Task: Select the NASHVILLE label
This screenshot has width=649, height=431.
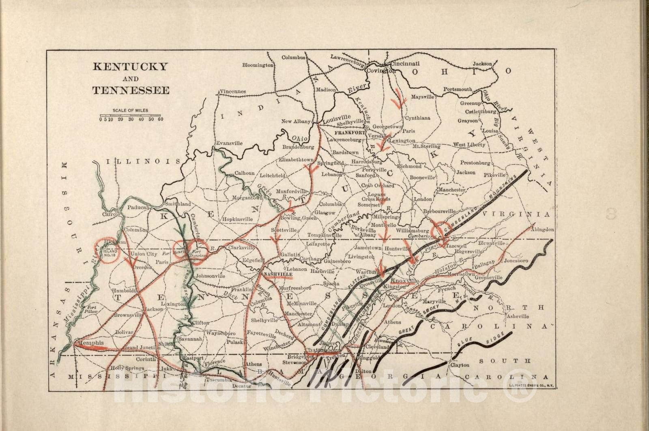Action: (x=278, y=275)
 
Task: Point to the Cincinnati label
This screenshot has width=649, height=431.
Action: (x=405, y=64)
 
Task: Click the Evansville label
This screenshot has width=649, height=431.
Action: (x=229, y=143)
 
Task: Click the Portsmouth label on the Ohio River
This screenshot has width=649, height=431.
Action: (x=458, y=89)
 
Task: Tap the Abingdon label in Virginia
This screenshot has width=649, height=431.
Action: (x=542, y=229)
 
